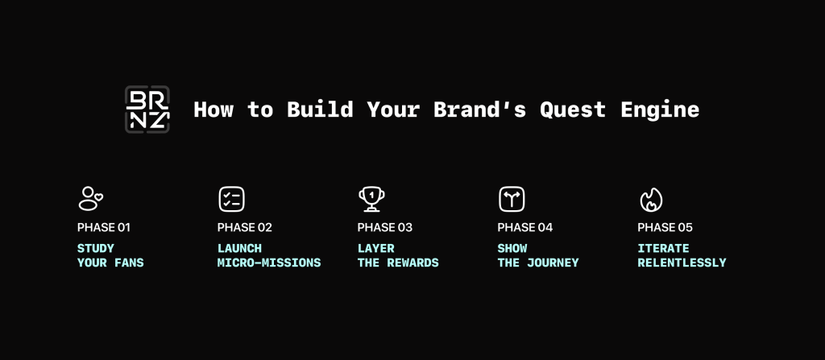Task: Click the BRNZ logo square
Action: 147,109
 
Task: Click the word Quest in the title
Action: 573,110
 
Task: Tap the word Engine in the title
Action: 660,110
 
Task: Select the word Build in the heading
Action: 320,109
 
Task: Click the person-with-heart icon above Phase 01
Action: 90,198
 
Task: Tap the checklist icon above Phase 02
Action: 231,199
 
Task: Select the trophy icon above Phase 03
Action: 371,199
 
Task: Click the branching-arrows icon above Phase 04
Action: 512,199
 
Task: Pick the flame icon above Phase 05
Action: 651,200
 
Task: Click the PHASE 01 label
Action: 104,228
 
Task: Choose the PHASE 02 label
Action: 245,228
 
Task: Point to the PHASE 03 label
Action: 385,228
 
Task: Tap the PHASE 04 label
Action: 525,228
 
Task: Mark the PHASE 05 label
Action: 665,228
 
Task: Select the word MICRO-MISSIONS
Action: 269,263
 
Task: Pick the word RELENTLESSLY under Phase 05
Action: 682,263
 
